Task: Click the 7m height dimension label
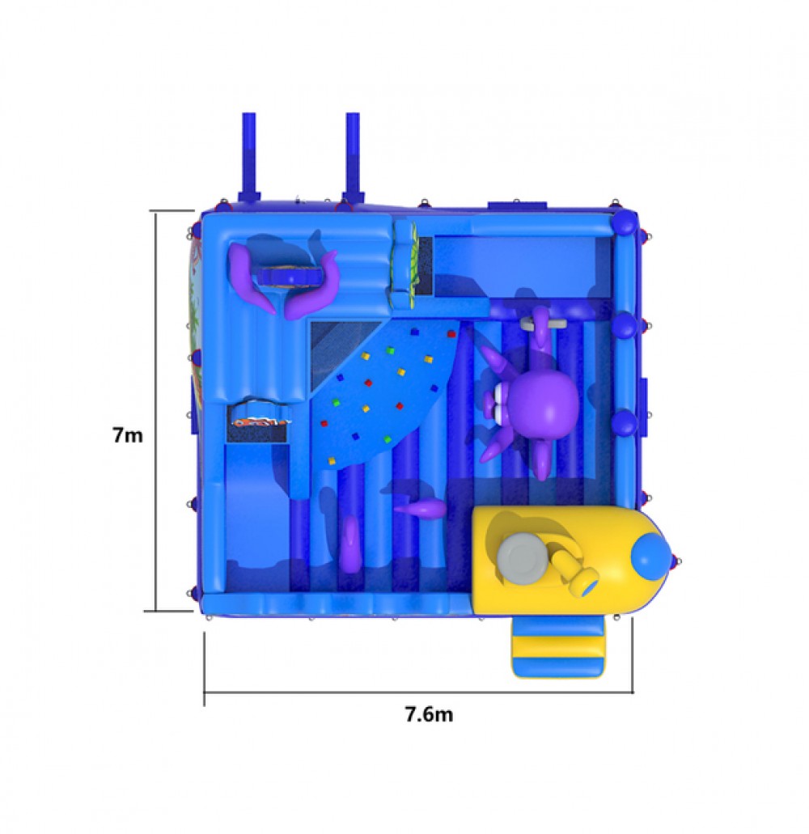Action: pos(128,434)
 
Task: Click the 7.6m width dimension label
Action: pos(430,713)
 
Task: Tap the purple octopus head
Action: pos(543,398)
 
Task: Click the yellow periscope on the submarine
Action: pos(575,574)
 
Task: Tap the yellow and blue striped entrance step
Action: pos(558,648)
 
